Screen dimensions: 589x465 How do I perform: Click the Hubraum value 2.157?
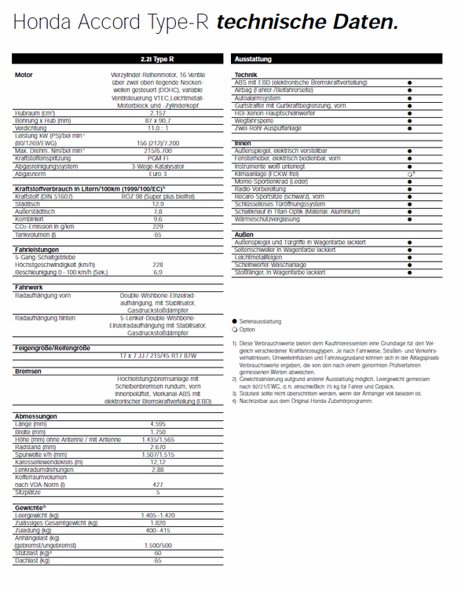coord(157,113)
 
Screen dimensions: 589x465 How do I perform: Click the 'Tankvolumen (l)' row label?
coord(35,235)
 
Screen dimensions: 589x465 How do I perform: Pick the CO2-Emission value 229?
coord(157,227)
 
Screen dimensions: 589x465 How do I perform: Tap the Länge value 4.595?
coord(157,423)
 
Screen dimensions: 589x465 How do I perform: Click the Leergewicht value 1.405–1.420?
coord(157,515)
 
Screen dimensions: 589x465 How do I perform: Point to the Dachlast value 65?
coord(157,560)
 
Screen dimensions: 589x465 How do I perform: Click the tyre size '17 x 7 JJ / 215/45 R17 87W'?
coord(157,356)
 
